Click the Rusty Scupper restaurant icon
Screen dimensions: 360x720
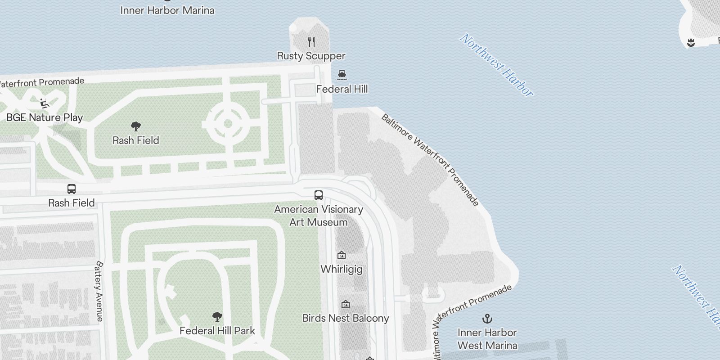pyautogui.click(x=311, y=42)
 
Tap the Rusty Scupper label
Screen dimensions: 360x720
pyautogui.click(x=311, y=56)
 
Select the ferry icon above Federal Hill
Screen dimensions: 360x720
pyautogui.click(x=342, y=75)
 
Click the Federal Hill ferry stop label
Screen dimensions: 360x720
pyautogui.click(x=342, y=89)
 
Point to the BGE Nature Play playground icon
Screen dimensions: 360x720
pyautogui.click(x=45, y=103)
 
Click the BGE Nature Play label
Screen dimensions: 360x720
pyautogui.click(x=45, y=117)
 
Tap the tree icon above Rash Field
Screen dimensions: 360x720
pyautogui.click(x=135, y=126)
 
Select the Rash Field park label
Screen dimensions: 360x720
pyautogui.click(x=135, y=140)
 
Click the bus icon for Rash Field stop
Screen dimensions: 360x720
pyautogui.click(x=72, y=189)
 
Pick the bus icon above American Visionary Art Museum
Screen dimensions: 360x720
pyautogui.click(x=319, y=195)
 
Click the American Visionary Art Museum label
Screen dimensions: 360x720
pyautogui.click(x=319, y=216)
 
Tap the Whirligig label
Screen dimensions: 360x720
pyautogui.click(x=342, y=269)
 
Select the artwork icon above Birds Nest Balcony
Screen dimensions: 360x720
pyautogui.click(x=345, y=304)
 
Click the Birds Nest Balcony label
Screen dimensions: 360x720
pyautogui.click(x=345, y=318)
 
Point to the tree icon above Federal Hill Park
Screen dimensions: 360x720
pyautogui.click(x=217, y=316)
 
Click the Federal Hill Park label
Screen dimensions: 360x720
pyautogui.click(x=217, y=331)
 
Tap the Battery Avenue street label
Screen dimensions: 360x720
pyautogui.click(x=99, y=291)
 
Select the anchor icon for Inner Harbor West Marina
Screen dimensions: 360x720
pyautogui.click(x=487, y=319)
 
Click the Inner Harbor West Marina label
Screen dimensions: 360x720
pyautogui.click(x=487, y=339)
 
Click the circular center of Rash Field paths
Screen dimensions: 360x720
pyautogui.click(x=228, y=123)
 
